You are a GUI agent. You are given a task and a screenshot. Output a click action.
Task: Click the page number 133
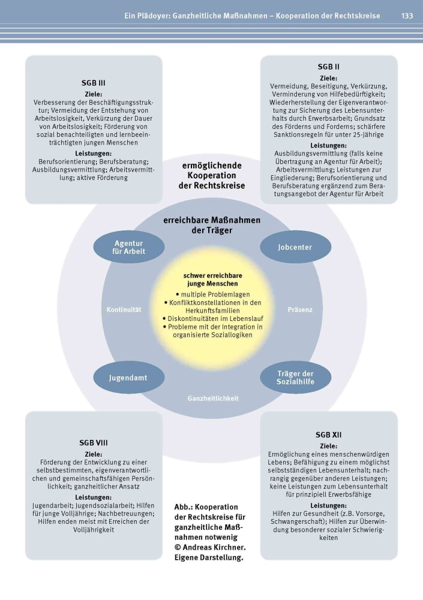pos(407,16)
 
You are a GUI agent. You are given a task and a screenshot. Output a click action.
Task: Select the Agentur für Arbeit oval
pos(129,247)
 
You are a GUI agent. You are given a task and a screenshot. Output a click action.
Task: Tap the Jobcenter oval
pos(296,247)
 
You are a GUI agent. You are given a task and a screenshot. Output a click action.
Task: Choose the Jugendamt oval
pos(129,377)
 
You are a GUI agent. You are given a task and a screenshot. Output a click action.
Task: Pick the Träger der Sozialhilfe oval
pos(296,377)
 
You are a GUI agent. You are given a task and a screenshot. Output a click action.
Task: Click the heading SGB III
pos(94,83)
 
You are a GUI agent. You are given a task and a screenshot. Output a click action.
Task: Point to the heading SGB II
pos(328,67)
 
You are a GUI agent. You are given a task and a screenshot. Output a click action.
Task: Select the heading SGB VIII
pos(94,443)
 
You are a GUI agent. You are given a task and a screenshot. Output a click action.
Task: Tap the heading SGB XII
pos(328,434)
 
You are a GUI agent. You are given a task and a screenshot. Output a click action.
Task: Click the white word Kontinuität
pos(124,310)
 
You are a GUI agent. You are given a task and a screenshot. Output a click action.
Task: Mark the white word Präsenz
pos(300,310)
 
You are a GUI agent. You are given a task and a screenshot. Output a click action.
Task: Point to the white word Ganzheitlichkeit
pos(213,398)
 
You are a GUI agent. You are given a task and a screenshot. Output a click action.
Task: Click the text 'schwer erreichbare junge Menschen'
pos(212,280)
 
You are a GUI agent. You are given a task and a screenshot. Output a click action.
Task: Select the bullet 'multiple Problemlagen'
pos(213,294)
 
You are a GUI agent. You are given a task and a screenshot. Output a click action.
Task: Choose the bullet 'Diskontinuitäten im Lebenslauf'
pos(213,319)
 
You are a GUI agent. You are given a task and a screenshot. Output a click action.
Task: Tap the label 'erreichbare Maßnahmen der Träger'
pos(212,225)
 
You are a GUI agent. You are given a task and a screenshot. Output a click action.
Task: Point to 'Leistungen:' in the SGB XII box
pos(328,505)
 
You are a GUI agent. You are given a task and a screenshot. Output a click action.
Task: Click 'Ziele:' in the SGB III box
pos(94,94)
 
